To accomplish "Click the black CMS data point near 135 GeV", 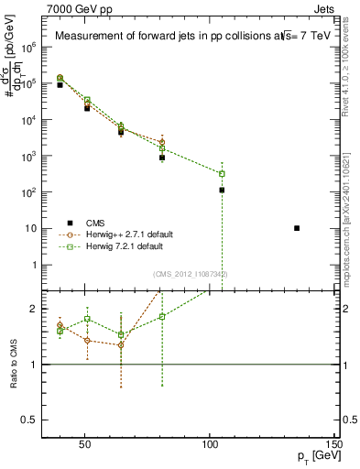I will [297, 228].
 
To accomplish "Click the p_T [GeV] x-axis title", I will [315, 456].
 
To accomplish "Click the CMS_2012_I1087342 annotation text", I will [191, 274].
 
